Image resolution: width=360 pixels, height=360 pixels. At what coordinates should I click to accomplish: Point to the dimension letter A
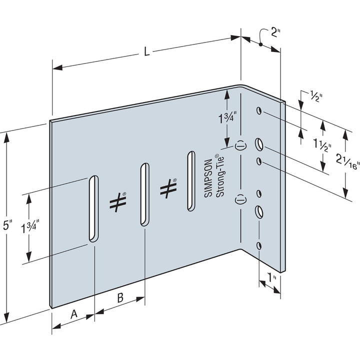tap(74, 313)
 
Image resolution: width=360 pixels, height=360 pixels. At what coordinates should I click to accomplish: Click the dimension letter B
tap(120, 298)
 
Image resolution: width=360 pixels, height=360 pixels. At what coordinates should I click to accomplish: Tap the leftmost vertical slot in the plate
tap(93, 208)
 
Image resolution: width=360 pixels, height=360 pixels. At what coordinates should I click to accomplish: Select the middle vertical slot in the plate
tap(143, 193)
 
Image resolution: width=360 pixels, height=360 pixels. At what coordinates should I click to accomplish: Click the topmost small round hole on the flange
tap(259, 110)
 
